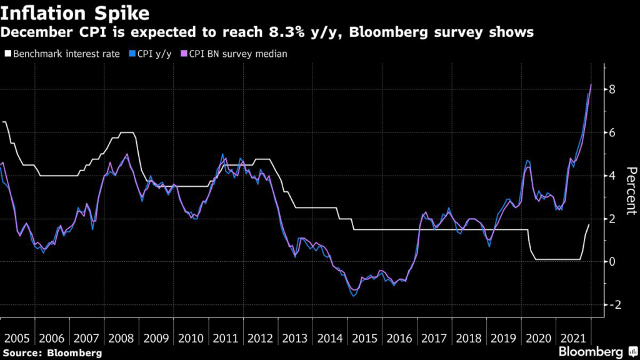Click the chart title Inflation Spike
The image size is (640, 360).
click(x=75, y=12)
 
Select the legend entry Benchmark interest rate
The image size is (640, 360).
click(x=62, y=54)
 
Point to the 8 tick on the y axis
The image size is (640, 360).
click(x=613, y=89)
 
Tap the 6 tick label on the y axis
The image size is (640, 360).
click(x=613, y=132)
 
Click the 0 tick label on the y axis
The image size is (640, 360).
click(x=613, y=261)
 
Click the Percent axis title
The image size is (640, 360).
click(x=631, y=191)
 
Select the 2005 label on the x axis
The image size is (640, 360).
click(x=17, y=338)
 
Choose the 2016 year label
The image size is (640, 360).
click(x=399, y=338)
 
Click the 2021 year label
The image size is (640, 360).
click(x=573, y=338)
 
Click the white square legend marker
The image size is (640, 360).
click(x=6, y=54)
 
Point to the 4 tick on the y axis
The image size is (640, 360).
click(x=613, y=176)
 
